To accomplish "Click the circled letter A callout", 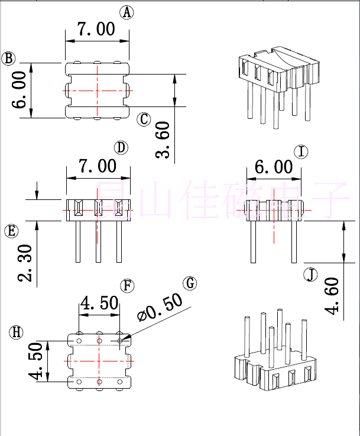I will [126, 12].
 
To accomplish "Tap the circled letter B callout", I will [9, 58].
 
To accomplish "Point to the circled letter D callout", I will [121, 147].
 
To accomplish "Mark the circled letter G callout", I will [190, 283].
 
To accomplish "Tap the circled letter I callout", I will [301, 152].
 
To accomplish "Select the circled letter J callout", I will [311, 274].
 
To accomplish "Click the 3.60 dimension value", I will [163, 140].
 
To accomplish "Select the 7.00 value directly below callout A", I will [96, 29].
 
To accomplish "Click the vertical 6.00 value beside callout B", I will [19, 89].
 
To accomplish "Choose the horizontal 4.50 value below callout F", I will [99, 303].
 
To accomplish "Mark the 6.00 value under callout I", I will [274, 167].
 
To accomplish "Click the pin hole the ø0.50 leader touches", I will [121, 341].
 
